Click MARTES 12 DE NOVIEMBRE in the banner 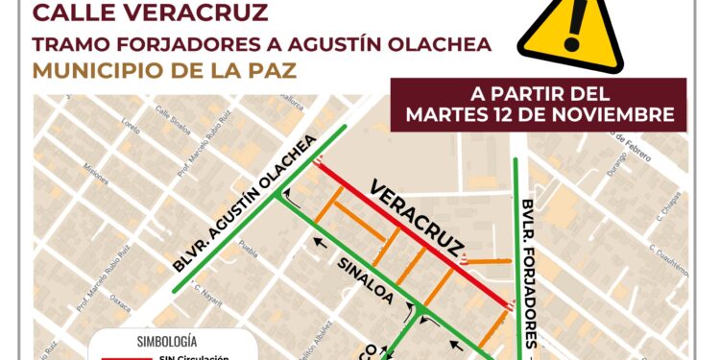coord(540,114)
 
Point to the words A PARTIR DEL coord(540,95)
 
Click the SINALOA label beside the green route coord(365,280)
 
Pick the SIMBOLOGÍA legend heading coord(168,340)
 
